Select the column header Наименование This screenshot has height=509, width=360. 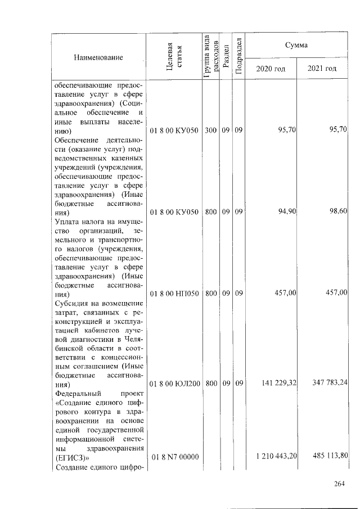98,57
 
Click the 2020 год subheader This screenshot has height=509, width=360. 271,69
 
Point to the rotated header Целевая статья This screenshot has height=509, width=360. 173,57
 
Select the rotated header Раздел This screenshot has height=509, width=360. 226,57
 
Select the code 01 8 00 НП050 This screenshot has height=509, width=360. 174,293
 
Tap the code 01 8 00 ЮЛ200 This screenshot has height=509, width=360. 174,384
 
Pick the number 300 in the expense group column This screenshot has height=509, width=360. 210,130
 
